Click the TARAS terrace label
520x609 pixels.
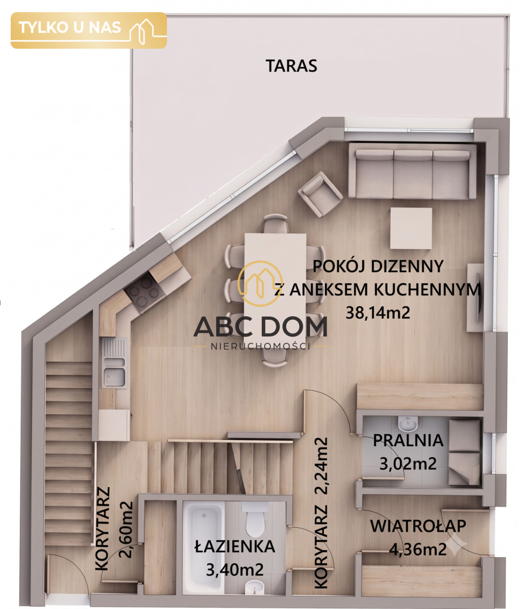(291, 65)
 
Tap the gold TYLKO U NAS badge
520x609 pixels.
(89, 30)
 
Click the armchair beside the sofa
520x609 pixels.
(320, 194)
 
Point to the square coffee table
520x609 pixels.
(411, 228)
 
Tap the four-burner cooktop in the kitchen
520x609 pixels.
(145, 291)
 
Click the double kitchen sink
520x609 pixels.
(114, 363)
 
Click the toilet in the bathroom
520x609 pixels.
(255, 519)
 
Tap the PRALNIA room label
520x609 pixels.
(408, 441)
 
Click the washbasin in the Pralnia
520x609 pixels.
(407, 424)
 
